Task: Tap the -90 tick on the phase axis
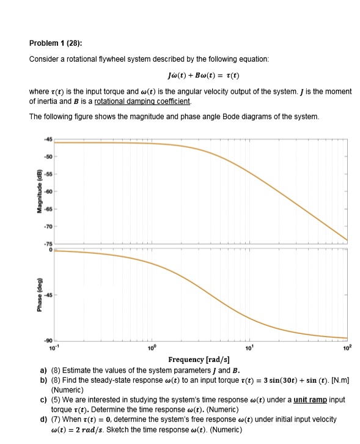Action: [x=48, y=339]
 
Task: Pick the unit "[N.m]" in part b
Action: [x=337, y=380]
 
